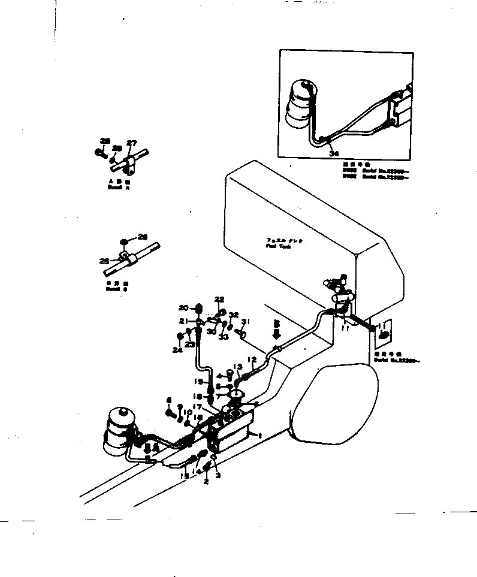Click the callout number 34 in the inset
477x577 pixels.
pos(334,153)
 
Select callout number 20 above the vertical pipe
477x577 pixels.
pos(183,307)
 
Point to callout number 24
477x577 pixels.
pos(178,351)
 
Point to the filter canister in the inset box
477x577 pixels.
pos(302,105)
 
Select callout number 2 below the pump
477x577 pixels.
pos(206,481)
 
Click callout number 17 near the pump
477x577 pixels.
pos(196,407)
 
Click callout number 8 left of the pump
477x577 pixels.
pos(168,400)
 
